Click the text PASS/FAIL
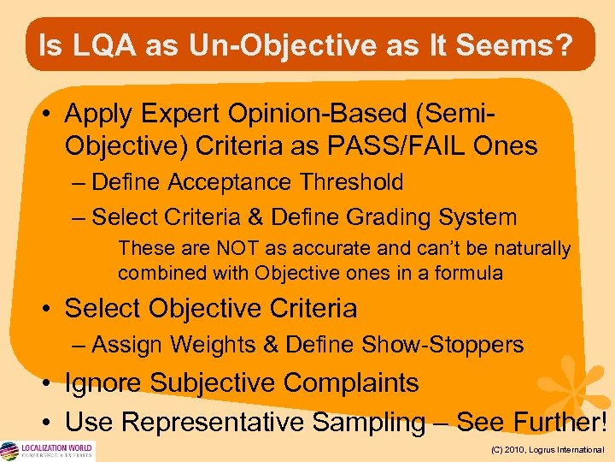[404, 145]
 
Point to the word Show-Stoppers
[443, 345]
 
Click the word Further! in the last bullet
[559, 422]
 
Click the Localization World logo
[47, 450]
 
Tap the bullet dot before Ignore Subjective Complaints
[51, 383]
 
